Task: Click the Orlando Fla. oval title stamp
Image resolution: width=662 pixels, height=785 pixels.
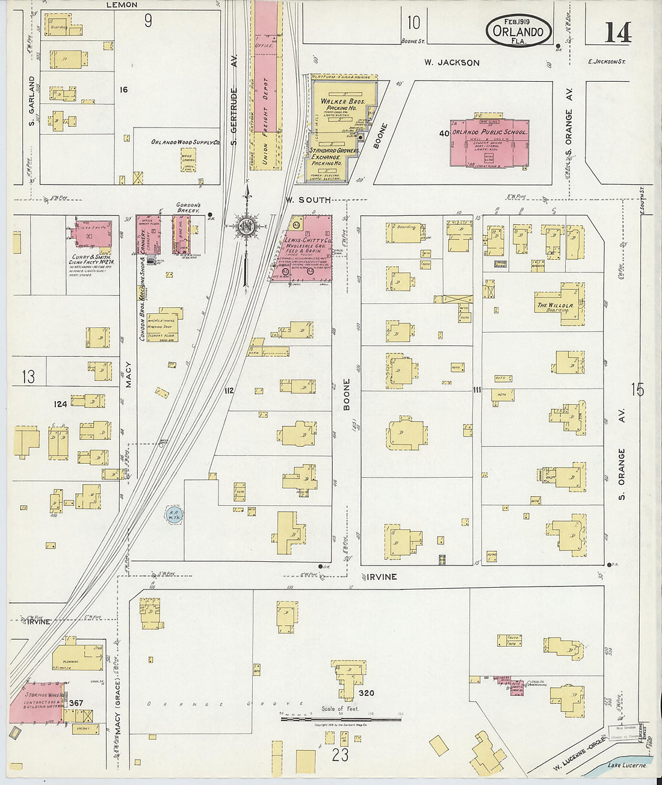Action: (518, 31)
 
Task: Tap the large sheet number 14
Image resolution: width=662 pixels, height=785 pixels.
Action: (617, 31)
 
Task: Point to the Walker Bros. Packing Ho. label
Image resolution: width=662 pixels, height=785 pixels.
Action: (340, 105)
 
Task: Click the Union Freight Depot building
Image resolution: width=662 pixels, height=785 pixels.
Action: (266, 90)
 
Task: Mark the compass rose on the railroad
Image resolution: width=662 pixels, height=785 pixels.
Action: (246, 226)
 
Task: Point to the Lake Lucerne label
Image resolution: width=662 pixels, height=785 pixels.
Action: (626, 765)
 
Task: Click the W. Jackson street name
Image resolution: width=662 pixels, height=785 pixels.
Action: (451, 63)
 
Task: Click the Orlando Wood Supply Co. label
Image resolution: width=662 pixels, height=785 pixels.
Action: (185, 143)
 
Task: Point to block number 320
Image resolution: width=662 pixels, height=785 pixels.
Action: (366, 693)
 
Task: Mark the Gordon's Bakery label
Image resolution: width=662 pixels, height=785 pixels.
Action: (188, 208)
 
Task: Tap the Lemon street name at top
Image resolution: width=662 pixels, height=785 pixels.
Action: (122, 5)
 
